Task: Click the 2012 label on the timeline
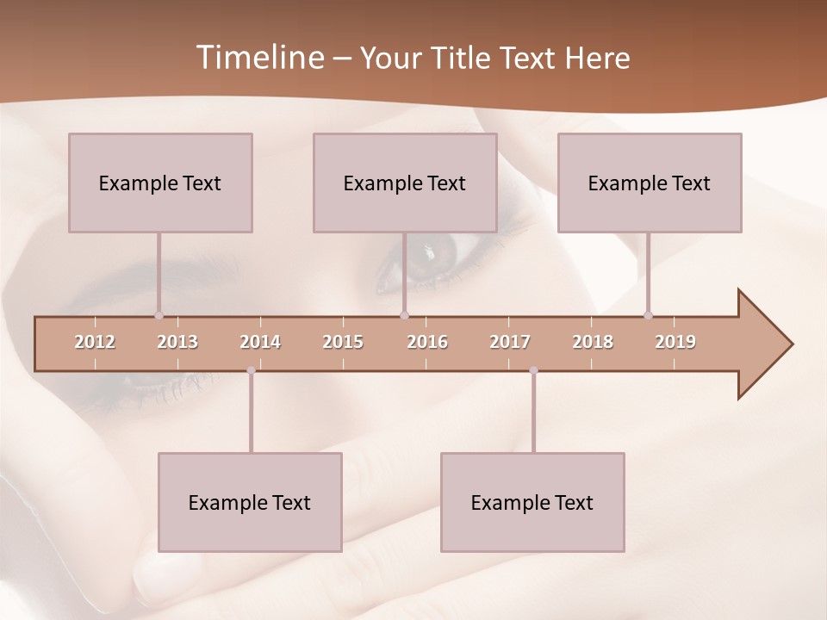95,342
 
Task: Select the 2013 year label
177,342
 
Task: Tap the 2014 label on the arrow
260,342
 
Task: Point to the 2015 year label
343,342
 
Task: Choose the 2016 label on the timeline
427,342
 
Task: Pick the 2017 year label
510,342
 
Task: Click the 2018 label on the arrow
593,342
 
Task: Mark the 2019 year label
675,342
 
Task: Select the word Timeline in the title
258,58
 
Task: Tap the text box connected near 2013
160,183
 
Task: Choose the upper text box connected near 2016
405,183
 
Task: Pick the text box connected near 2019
650,183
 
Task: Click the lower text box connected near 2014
250,502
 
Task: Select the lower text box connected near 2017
532,502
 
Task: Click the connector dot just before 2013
159,315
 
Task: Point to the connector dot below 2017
533,370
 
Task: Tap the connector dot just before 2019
648,315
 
